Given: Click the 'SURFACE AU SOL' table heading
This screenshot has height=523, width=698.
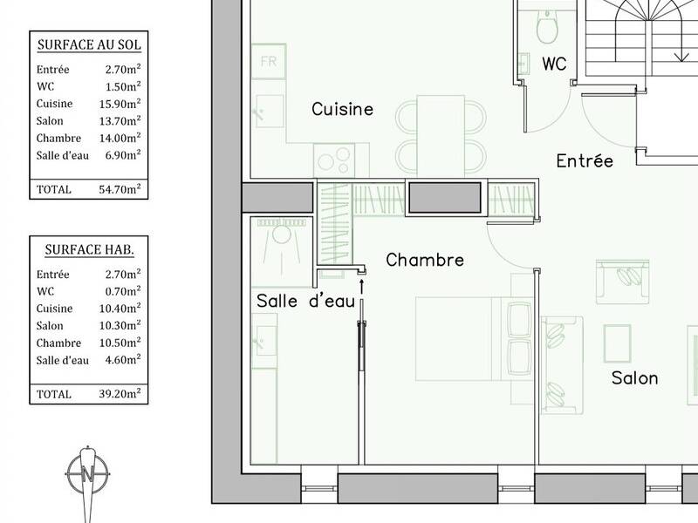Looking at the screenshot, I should (x=89, y=44).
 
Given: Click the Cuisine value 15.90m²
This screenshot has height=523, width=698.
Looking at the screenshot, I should (x=120, y=104).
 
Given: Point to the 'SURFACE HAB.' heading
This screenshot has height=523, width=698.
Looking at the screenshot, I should (x=89, y=250).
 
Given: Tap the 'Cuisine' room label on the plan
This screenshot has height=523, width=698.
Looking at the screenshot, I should (x=342, y=109).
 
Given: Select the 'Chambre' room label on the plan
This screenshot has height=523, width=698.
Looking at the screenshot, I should (x=424, y=260).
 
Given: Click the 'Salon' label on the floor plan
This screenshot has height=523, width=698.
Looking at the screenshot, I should (x=634, y=377).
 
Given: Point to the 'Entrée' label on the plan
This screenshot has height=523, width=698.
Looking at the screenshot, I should (x=585, y=160).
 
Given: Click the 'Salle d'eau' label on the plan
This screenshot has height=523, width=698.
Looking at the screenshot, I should (x=305, y=301).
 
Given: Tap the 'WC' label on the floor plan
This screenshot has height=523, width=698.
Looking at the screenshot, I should (x=554, y=64).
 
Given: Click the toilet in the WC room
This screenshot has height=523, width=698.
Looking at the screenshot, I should (x=547, y=28).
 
